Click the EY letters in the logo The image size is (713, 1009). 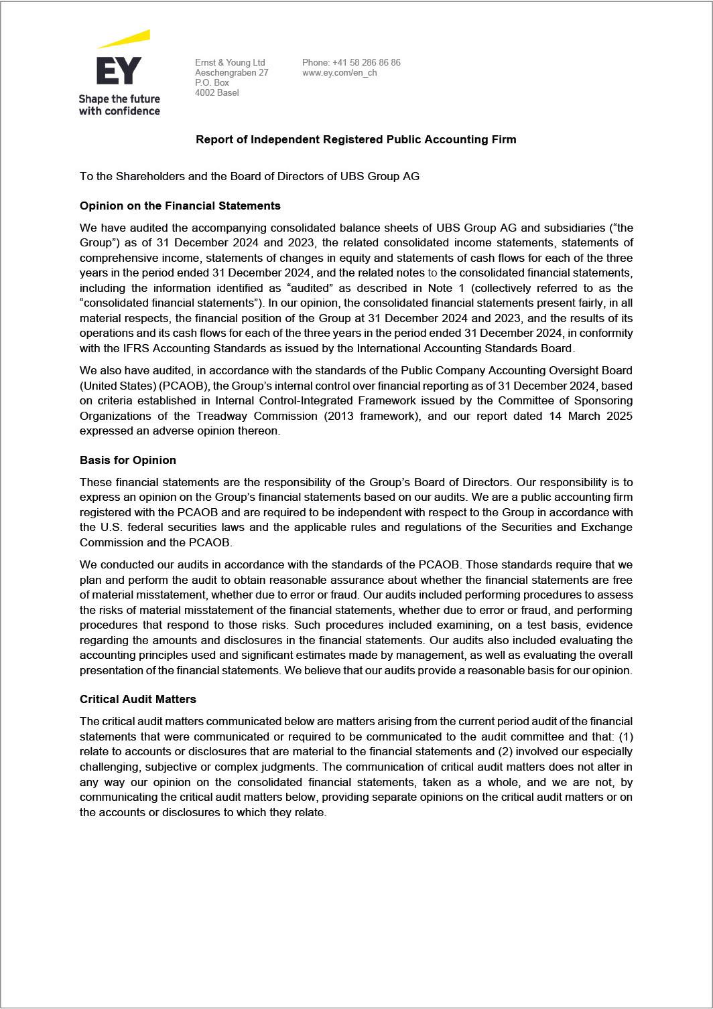119,71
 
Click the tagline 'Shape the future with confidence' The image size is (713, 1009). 119,105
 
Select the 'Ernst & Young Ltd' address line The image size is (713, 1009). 230,62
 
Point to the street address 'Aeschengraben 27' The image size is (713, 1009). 231,72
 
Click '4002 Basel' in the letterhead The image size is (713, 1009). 216,92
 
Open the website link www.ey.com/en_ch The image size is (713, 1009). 339,72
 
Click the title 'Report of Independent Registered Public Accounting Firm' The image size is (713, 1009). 356,139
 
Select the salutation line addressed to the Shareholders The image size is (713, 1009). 249,176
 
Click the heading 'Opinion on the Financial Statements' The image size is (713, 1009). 180,206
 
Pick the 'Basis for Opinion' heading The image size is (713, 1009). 127,460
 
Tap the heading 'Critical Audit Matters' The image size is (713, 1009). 137,699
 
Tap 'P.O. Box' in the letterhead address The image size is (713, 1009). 212,82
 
